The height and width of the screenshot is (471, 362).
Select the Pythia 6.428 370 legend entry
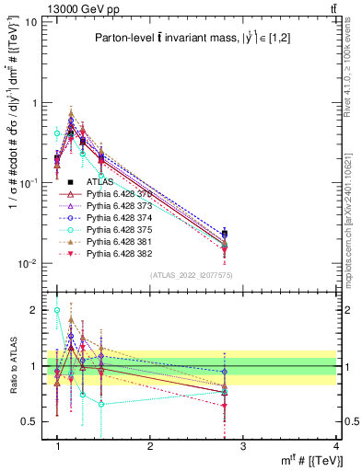click(115, 194)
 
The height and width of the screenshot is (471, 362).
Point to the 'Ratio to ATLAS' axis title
click(13, 367)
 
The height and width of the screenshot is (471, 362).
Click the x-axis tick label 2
click(150, 446)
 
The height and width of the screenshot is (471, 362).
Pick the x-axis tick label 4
click(335, 446)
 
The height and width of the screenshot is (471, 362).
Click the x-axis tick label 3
click(242, 446)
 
